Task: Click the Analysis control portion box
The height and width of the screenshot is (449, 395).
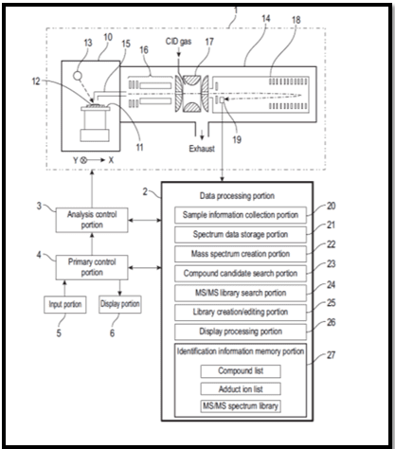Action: tap(92, 220)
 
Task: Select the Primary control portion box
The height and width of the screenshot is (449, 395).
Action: tap(92, 267)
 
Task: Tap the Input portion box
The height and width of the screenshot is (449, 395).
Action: tap(65, 304)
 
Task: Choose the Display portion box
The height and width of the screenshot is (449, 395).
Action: tap(120, 304)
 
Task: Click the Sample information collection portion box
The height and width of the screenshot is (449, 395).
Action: tap(241, 215)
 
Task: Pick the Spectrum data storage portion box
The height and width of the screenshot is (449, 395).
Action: tap(241, 235)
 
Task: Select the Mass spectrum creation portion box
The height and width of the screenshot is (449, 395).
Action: tap(241, 254)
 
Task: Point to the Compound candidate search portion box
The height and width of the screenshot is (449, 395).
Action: tap(241, 274)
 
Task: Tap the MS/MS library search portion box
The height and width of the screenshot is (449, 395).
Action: tap(241, 293)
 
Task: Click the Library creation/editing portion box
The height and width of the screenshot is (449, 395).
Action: tap(241, 313)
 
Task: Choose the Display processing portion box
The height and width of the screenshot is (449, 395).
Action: tap(241, 332)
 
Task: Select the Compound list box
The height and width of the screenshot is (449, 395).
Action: tap(241, 371)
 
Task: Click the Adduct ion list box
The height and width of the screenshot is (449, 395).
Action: tap(241, 389)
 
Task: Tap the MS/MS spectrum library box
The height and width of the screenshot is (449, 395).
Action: tap(241, 406)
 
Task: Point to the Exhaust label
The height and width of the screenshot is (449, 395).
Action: tap(202, 149)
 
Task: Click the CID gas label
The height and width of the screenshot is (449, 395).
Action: tap(179, 42)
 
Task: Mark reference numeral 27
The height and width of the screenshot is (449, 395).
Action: tap(331, 355)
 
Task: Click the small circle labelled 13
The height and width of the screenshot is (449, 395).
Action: tap(78, 76)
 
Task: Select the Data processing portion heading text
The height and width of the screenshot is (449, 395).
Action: tap(237, 196)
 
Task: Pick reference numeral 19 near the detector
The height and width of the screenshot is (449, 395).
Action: tap(237, 139)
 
